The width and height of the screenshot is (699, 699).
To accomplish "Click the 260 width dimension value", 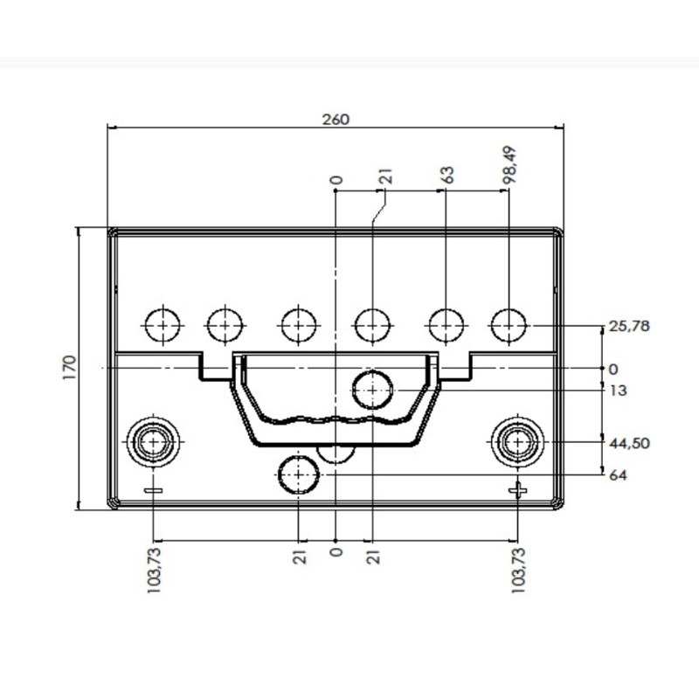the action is point(336,120).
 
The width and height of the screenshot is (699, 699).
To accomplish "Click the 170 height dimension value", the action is point(70,368).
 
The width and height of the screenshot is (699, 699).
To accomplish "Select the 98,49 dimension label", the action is point(509,164).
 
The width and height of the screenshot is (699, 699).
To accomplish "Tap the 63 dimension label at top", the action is point(447,175).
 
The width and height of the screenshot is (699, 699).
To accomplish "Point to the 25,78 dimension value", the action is point(629,326).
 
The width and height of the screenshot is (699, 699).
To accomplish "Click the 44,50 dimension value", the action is point(629,443).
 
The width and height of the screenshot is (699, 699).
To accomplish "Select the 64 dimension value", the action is point(618,475).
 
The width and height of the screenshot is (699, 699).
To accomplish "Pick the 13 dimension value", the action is point(618,391).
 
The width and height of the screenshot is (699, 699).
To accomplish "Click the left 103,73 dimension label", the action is point(154,571).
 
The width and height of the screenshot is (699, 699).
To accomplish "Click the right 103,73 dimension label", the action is point(518,571).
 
